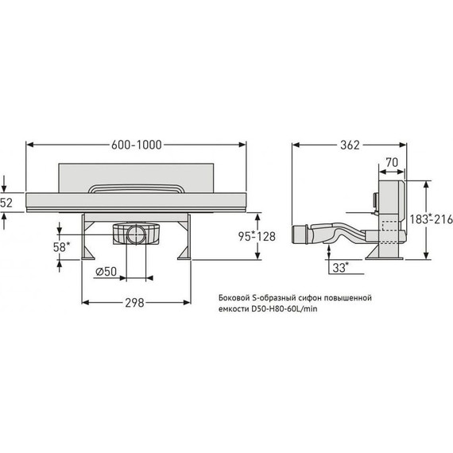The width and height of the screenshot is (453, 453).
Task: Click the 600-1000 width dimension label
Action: click(x=137, y=145)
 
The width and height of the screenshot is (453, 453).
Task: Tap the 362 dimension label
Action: click(x=350, y=145)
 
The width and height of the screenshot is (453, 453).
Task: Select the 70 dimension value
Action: click(x=392, y=163)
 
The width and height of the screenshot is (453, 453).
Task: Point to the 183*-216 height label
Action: click(x=432, y=219)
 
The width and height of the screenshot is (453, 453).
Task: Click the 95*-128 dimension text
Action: click(x=257, y=237)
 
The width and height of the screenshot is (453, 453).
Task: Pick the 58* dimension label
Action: click(x=61, y=247)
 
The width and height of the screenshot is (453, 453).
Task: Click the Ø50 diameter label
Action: click(x=106, y=272)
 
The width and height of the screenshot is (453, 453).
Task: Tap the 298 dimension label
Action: click(x=134, y=303)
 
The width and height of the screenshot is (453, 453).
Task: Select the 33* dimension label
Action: click(x=341, y=268)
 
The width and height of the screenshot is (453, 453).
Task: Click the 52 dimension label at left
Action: click(x=6, y=203)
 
